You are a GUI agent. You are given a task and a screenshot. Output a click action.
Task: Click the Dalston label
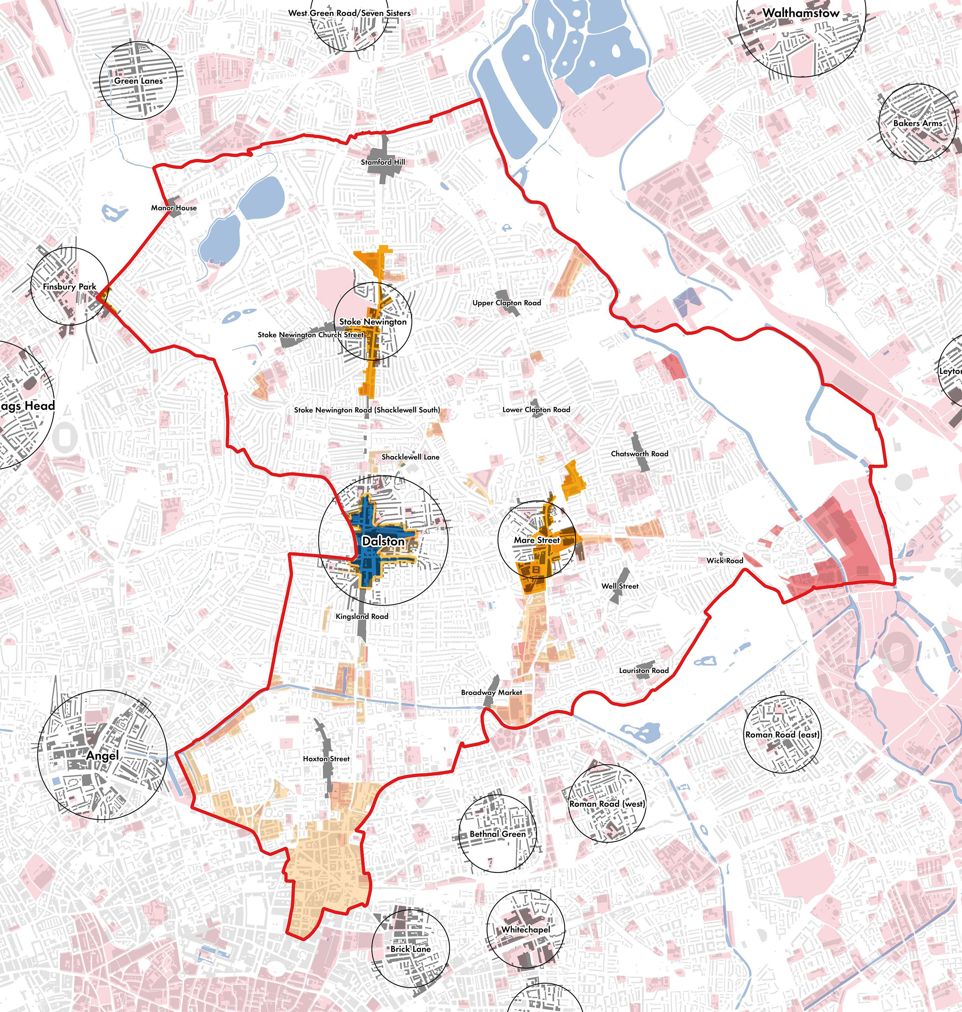[383, 541]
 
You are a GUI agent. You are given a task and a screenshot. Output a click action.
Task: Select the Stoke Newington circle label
[373, 322]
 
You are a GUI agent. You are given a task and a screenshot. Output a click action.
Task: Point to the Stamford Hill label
[383, 162]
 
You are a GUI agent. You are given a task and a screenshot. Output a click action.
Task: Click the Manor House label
[174, 208]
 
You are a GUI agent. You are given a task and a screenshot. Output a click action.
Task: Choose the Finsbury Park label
[69, 287]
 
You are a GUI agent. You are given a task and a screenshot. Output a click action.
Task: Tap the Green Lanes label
[138, 81]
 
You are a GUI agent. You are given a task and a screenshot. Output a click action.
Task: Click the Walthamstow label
[800, 13]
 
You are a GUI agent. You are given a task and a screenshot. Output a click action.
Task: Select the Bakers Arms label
[918, 123]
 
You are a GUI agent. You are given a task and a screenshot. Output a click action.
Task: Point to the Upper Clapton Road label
[507, 303]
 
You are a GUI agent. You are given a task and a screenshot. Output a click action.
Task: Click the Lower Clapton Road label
[536, 409]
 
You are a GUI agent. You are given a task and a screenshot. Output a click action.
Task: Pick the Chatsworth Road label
[640, 453]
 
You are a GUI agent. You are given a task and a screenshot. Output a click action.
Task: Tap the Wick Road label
[725, 561]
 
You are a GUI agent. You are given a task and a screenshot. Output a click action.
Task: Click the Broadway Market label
[491, 692]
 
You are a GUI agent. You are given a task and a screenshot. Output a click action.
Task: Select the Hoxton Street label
[326, 759]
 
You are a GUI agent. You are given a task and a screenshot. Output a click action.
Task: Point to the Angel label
[103, 756]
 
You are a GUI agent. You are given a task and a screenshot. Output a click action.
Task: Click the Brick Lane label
[411, 949]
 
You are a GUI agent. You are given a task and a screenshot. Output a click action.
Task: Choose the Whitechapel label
[526, 929]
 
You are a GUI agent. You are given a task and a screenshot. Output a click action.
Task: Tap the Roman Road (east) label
[782, 734]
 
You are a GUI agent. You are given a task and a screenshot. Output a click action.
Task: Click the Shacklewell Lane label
[410, 457]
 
